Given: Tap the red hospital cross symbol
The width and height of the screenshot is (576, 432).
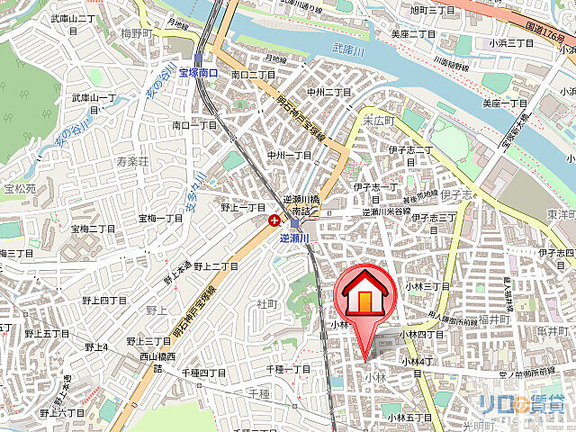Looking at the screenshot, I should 273,219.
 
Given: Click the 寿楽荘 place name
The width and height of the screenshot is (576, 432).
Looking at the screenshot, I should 131,161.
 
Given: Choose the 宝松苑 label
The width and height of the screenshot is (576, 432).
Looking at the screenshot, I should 20,189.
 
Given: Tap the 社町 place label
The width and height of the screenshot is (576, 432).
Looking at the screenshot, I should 268,304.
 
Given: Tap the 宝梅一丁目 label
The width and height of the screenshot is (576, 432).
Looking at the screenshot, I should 160,219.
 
